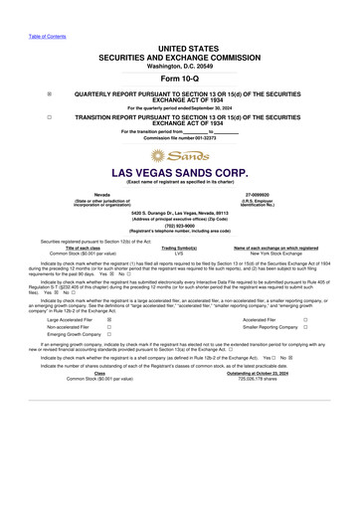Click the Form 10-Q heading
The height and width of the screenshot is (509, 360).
(x=179, y=78)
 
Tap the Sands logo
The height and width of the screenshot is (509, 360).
(x=179, y=156)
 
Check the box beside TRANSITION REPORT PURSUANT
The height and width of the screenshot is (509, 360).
(x=50, y=115)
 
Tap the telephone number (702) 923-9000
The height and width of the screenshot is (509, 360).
(x=180, y=225)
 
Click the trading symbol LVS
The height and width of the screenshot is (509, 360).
(x=179, y=254)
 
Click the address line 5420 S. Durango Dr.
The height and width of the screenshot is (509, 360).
(x=180, y=212)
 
